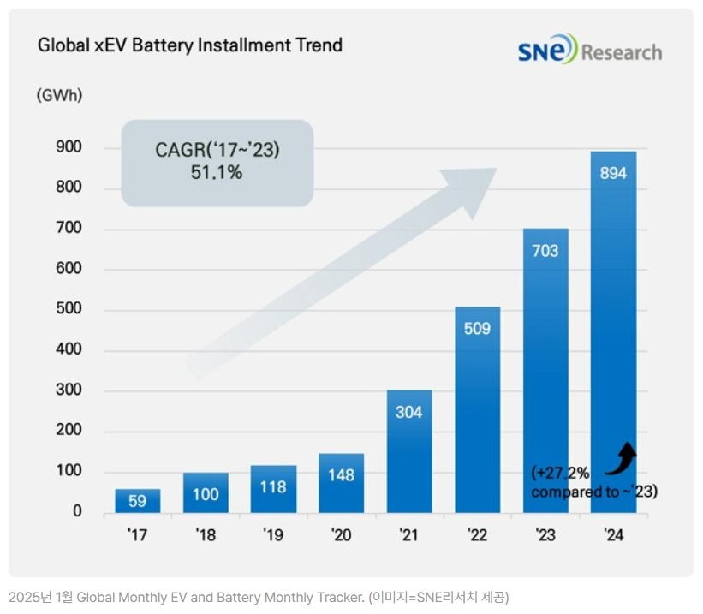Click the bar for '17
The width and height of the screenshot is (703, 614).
pos(137,501)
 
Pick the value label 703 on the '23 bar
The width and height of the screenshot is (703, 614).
pos(545,251)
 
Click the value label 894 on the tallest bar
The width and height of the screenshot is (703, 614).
pos(613,173)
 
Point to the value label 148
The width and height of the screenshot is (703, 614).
pos(341,475)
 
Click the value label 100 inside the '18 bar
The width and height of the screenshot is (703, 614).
pos(206,494)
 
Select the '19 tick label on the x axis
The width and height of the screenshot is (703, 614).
pos(273,535)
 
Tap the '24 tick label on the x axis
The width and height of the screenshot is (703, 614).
pos(613,535)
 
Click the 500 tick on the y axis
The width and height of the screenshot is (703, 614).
pos(70,309)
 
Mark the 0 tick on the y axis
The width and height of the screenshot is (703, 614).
pos(77,511)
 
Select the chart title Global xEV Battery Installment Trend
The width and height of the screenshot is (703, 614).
pos(189,45)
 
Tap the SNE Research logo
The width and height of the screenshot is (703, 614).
pos(589,51)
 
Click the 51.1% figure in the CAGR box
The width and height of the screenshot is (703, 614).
pos(217,173)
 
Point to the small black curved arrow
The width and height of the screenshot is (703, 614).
pos(622,457)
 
